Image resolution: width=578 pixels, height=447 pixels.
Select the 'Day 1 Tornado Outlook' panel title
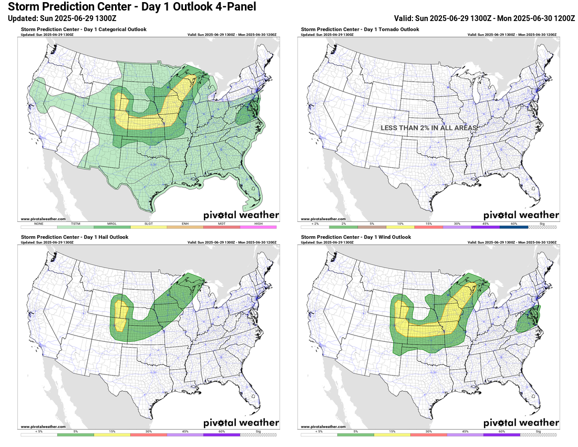[x=360, y=29]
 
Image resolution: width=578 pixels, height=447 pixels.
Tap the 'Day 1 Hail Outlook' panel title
[x=75, y=237]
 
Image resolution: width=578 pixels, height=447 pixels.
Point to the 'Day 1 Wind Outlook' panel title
[x=355, y=237]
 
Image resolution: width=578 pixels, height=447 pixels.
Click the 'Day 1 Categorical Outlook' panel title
[x=84, y=29]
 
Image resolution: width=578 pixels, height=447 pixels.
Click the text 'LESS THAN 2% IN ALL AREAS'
[x=429, y=128]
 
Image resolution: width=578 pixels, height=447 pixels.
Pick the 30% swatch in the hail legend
[x=148, y=434]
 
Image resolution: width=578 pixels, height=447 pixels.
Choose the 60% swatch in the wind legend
[x=502, y=434]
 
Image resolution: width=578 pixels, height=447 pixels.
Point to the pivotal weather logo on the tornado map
[x=521, y=215]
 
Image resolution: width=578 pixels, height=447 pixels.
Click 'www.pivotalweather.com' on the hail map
[x=43, y=426]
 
